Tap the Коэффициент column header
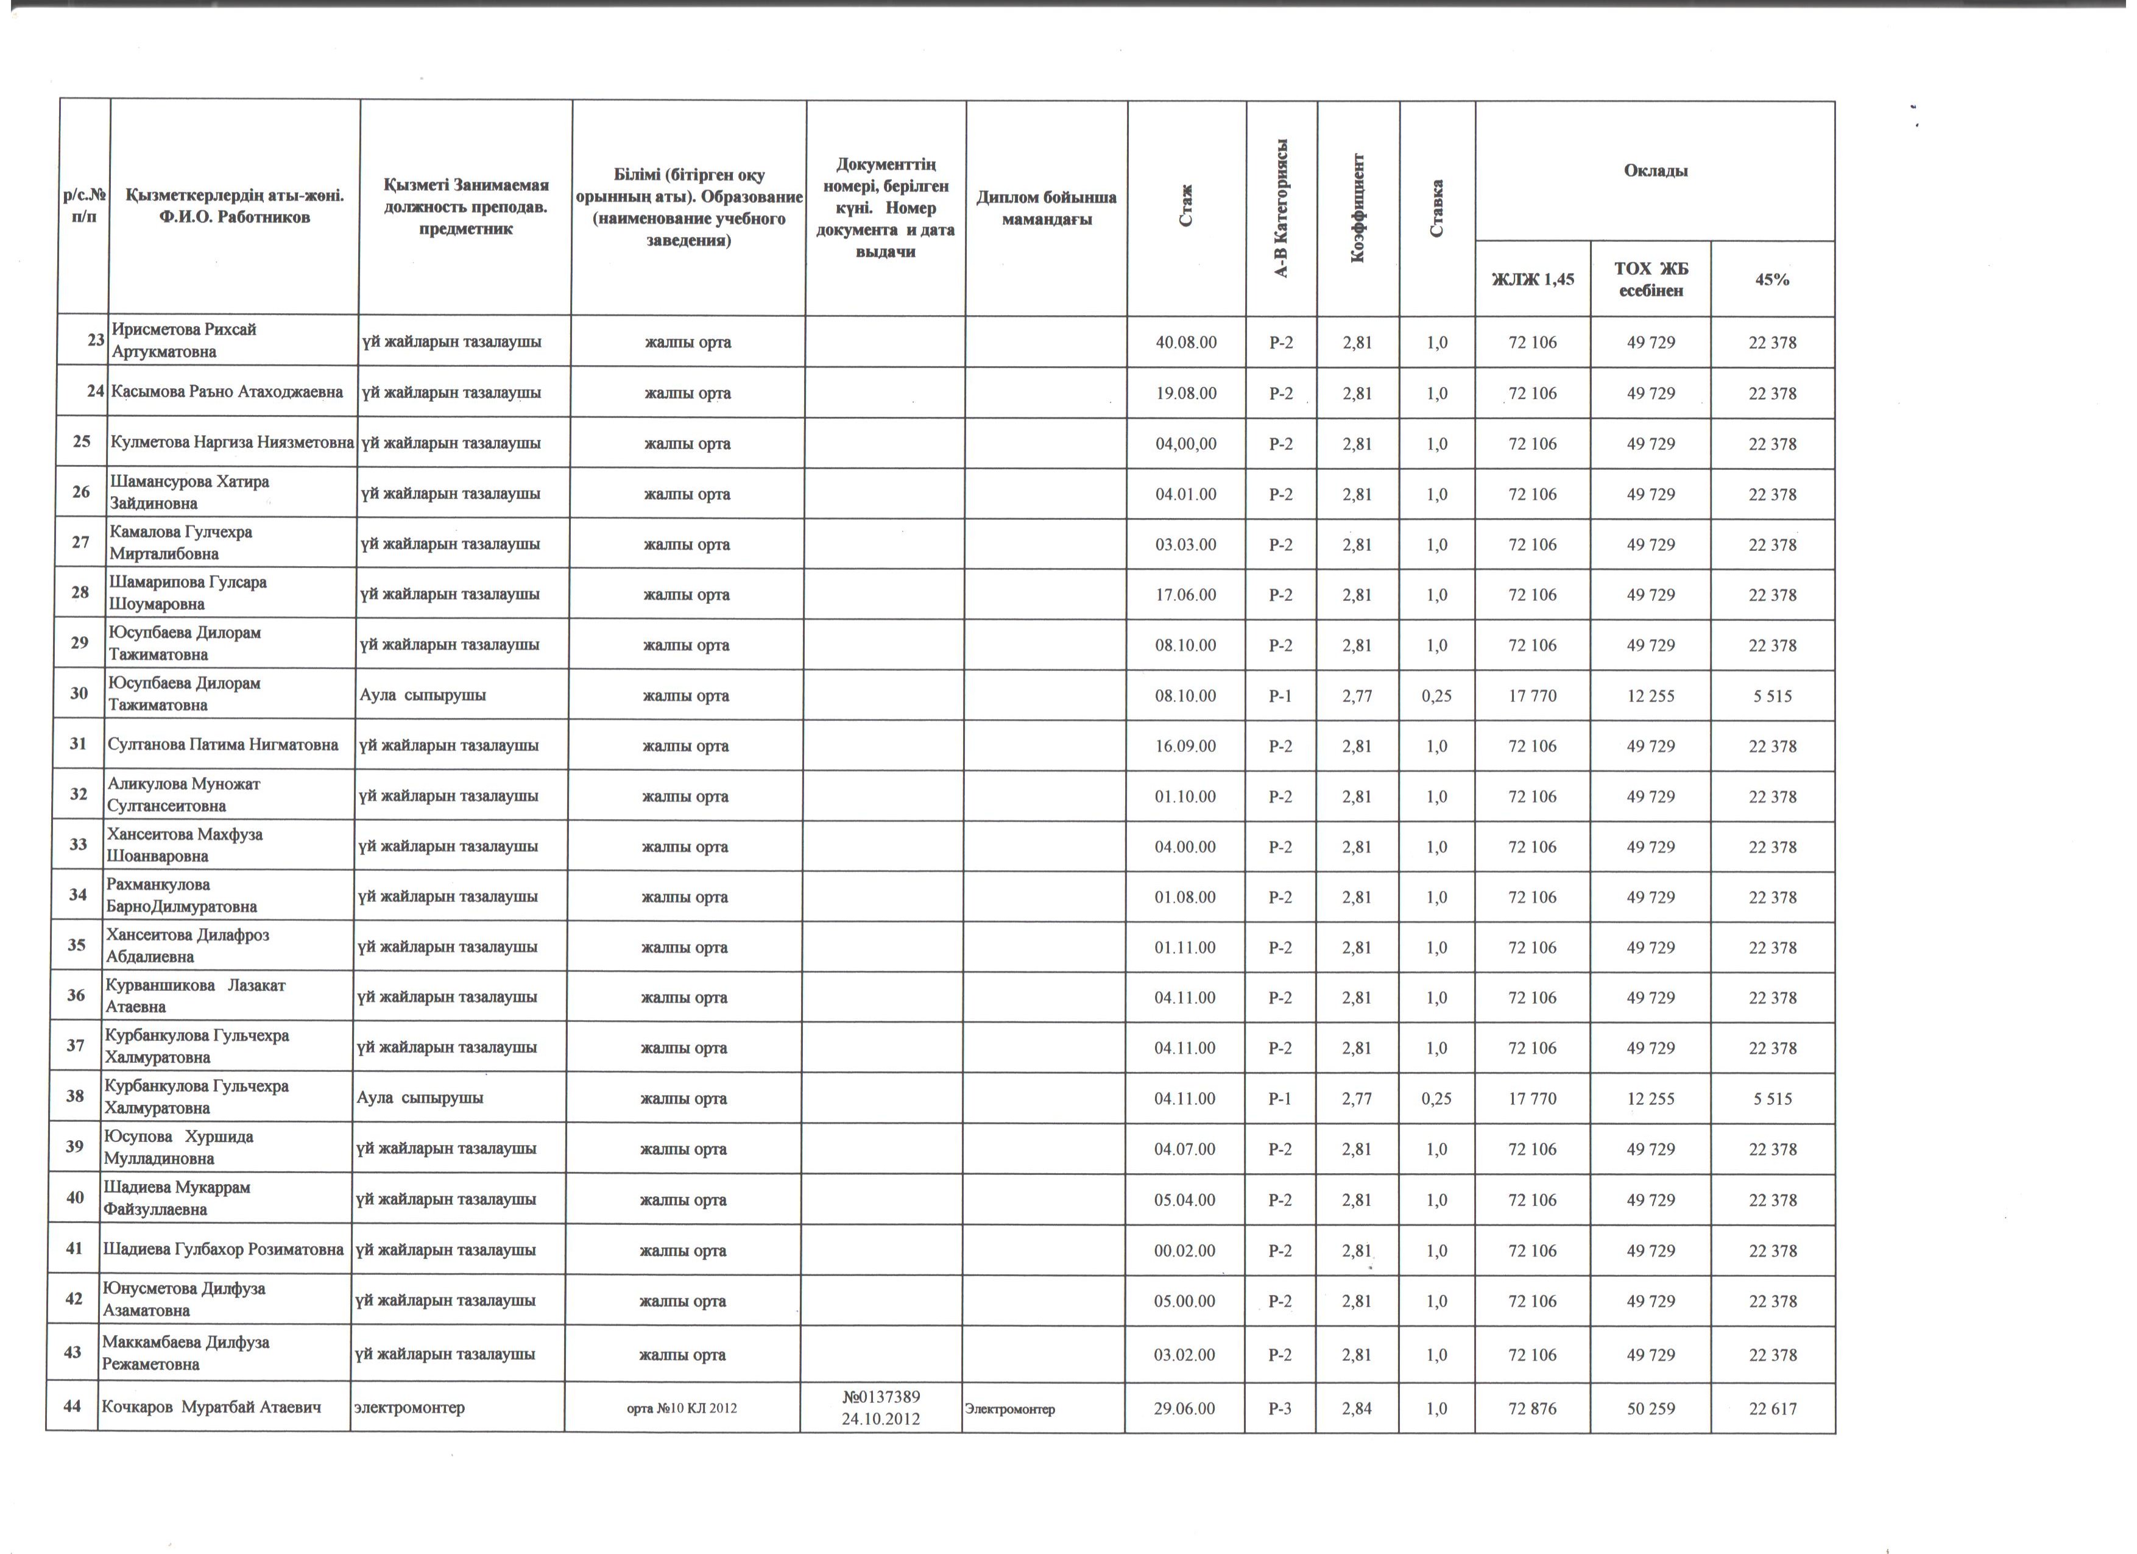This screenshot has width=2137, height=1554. (x=1358, y=207)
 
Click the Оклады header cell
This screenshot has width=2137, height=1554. (x=1655, y=171)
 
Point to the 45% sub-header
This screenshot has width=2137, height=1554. (x=1771, y=279)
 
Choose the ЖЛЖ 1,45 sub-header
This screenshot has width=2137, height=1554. (x=1532, y=279)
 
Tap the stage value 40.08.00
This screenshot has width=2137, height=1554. (x=1185, y=342)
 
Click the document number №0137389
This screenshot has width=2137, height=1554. (x=882, y=1397)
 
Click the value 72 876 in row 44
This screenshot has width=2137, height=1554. (x=1532, y=1409)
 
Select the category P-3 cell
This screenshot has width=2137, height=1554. (x=1279, y=1409)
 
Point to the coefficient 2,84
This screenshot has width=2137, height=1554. (x=1357, y=1409)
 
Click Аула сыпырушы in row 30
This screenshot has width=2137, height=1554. (x=423, y=695)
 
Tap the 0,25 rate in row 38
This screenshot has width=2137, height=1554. (x=1436, y=1099)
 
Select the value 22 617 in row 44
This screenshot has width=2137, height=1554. (x=1771, y=1409)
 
